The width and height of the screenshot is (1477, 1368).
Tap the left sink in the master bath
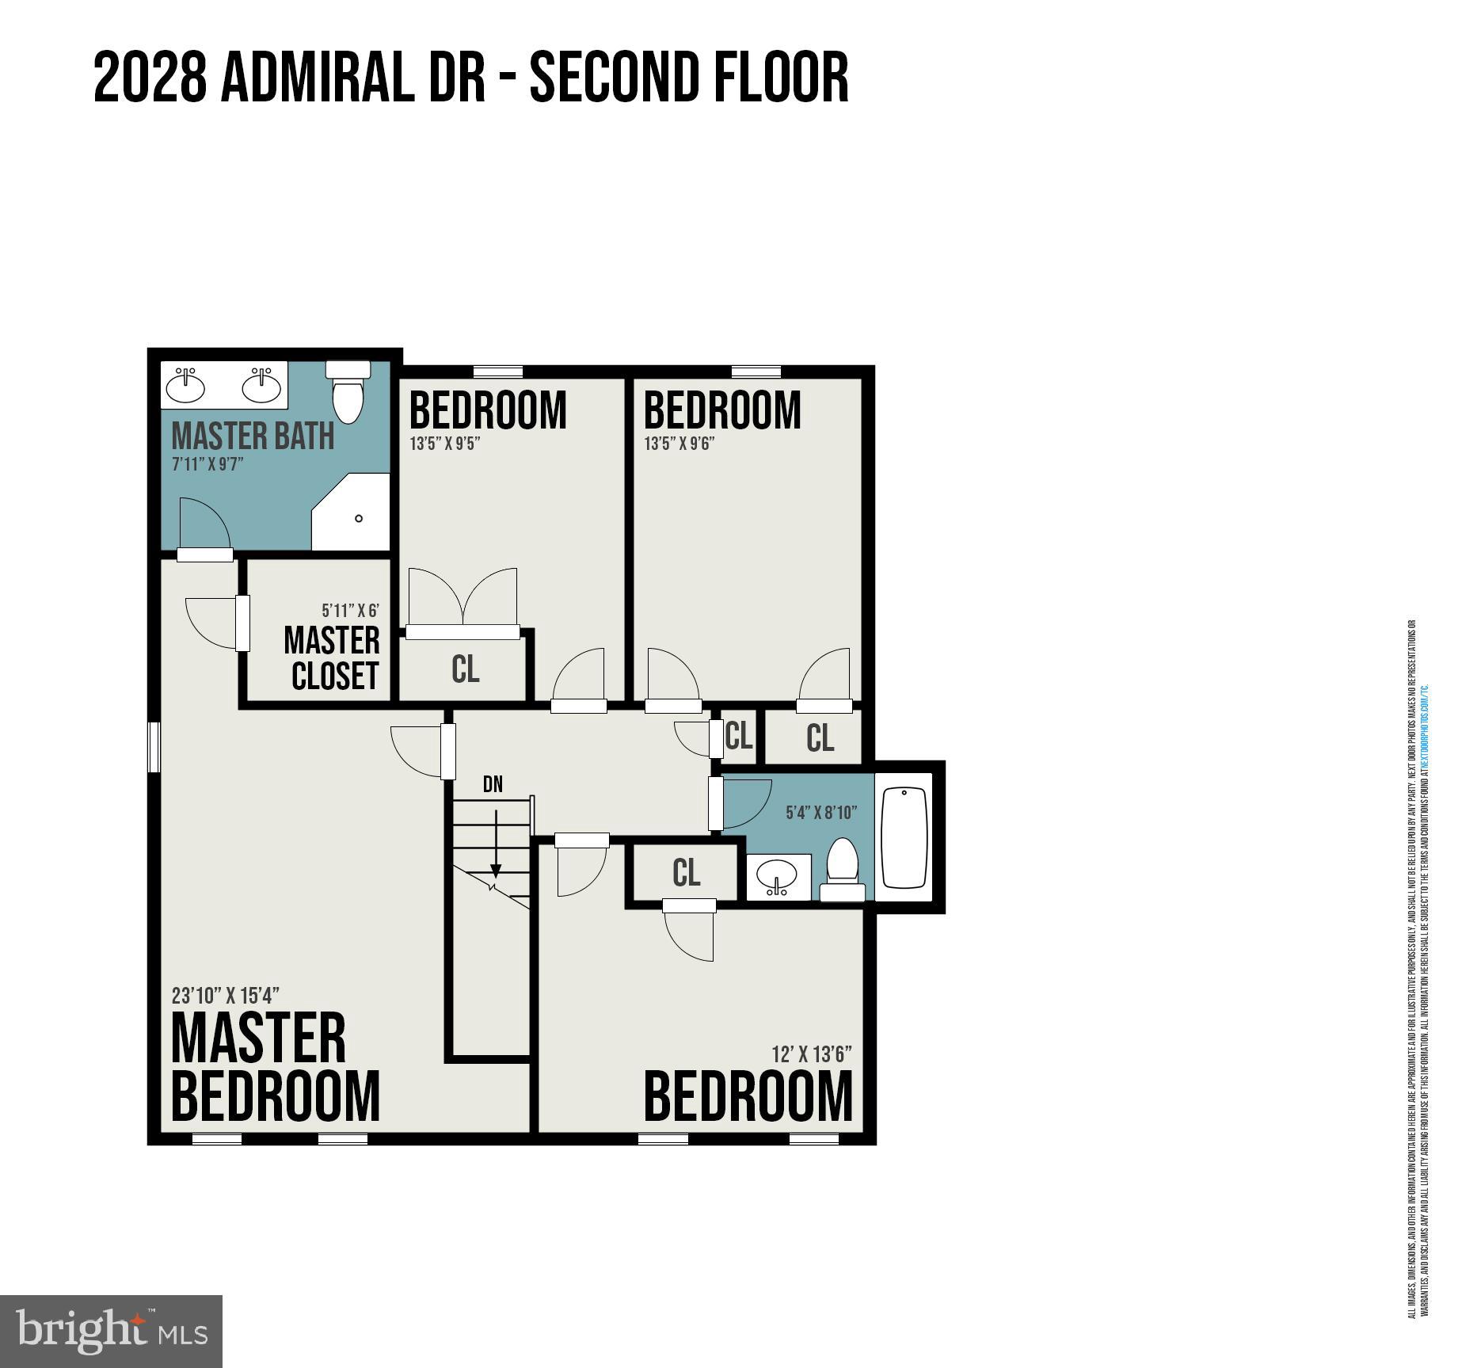point(186,386)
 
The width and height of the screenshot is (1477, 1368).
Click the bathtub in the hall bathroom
point(904,837)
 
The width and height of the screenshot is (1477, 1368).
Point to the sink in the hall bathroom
point(778,877)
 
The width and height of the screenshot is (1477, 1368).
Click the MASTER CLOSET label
point(333,658)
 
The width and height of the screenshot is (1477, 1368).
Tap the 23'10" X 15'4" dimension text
point(226,995)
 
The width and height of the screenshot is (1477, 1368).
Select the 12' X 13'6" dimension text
point(812,1054)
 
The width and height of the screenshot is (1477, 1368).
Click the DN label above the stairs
point(493,784)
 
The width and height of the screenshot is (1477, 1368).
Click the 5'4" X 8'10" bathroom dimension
point(820,813)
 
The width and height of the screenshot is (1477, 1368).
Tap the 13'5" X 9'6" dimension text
point(679,443)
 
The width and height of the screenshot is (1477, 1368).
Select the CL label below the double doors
point(465,669)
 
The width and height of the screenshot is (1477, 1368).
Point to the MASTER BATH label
point(253,436)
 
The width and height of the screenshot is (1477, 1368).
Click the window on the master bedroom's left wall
point(154,746)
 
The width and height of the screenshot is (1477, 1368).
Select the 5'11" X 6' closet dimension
point(350,611)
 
